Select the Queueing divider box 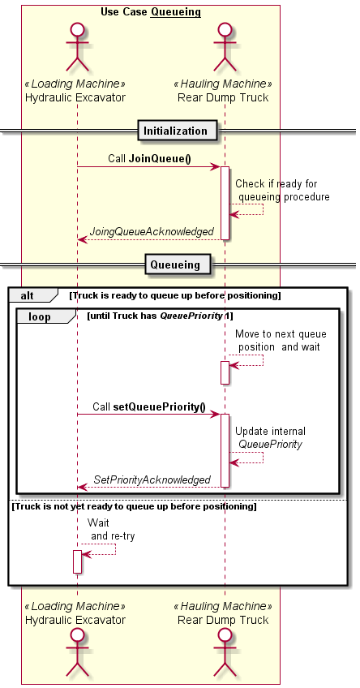[175, 264]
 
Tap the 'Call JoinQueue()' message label [149, 159]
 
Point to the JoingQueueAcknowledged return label [152, 232]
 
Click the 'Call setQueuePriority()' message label [148, 406]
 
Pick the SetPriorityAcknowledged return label [152, 479]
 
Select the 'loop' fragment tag [40, 316]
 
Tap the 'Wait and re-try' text [111, 529]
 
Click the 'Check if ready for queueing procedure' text [282, 190]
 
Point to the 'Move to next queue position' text [281, 340]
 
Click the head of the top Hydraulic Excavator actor [77, 31]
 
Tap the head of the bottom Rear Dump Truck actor [225, 635]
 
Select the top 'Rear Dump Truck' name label [223, 97]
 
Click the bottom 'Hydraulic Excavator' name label [75, 620]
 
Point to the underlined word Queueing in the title [175, 12]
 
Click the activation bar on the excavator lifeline [78, 561]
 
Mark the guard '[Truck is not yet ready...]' [134, 506]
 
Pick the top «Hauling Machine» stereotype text [223, 84]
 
